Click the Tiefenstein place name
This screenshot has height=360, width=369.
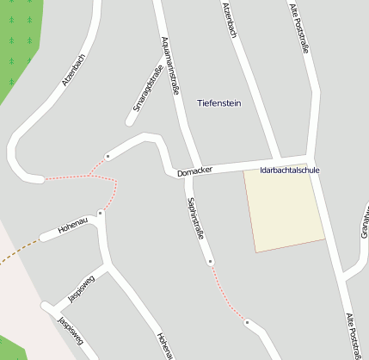point(219,103)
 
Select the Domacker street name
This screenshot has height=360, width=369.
point(194,173)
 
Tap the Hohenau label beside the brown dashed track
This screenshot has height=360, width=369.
point(73,227)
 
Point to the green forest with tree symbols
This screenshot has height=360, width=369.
point(17,43)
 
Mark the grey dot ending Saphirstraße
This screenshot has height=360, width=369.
point(210,260)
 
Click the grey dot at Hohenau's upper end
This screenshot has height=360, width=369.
point(101,212)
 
